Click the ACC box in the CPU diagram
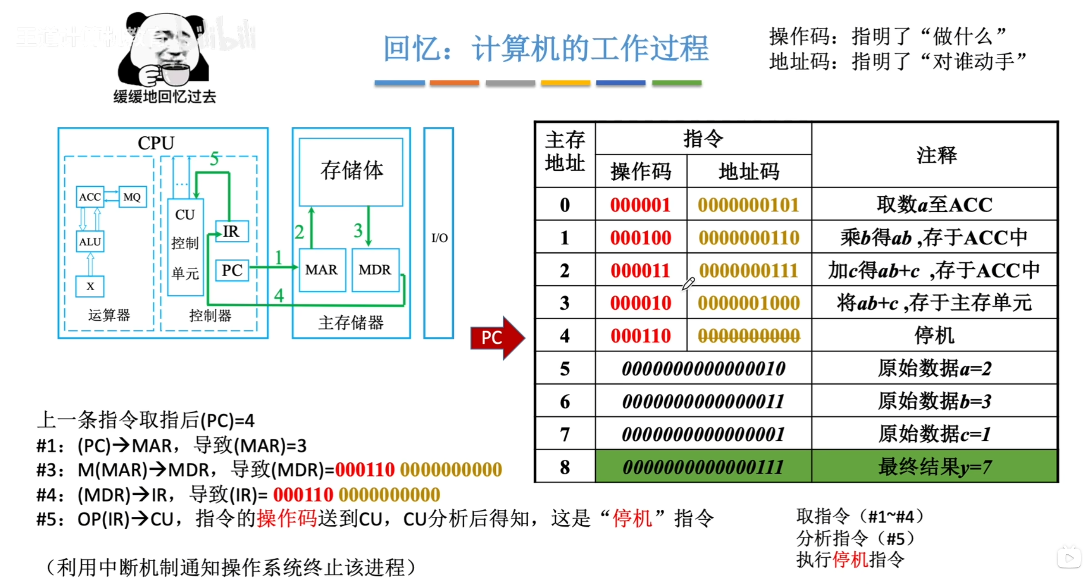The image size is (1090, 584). click(90, 197)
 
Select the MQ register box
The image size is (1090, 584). click(132, 197)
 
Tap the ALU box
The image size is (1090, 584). click(90, 242)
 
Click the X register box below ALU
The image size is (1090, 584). click(90, 286)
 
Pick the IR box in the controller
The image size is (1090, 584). click(232, 232)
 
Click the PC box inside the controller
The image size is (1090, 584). click(232, 270)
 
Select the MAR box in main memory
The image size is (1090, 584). click(321, 270)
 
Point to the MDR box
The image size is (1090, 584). click(375, 270)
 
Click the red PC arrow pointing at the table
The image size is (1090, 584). click(496, 338)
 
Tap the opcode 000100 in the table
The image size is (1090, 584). click(640, 238)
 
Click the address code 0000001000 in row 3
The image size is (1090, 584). click(749, 303)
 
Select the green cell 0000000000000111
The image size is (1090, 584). click(703, 467)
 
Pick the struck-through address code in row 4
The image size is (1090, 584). click(749, 336)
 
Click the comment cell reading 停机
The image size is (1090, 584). click(934, 336)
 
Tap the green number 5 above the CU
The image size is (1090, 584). click(214, 159)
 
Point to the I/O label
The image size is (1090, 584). click(439, 238)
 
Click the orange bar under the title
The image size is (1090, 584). click(454, 83)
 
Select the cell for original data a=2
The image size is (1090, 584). click(934, 369)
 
